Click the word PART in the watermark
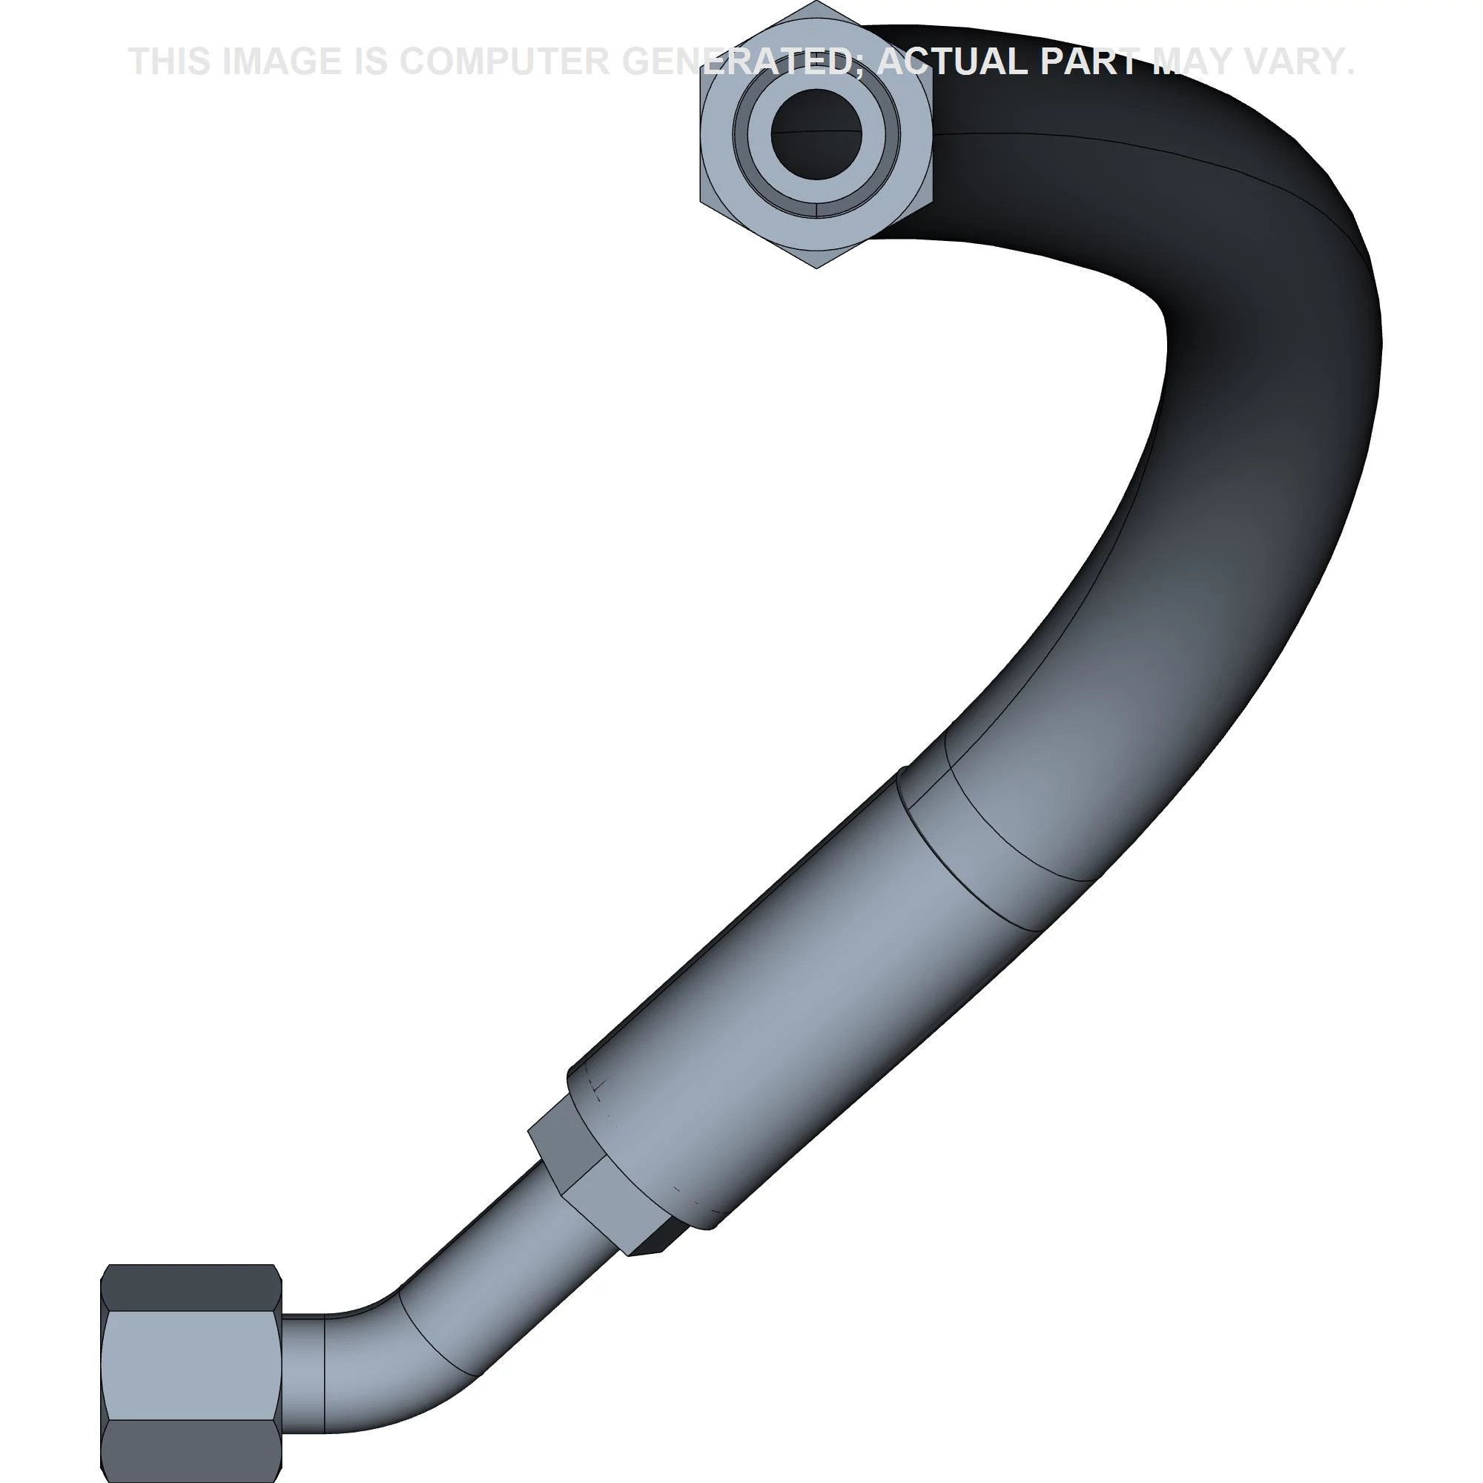[1089, 62]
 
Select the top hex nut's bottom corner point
[816, 267]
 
